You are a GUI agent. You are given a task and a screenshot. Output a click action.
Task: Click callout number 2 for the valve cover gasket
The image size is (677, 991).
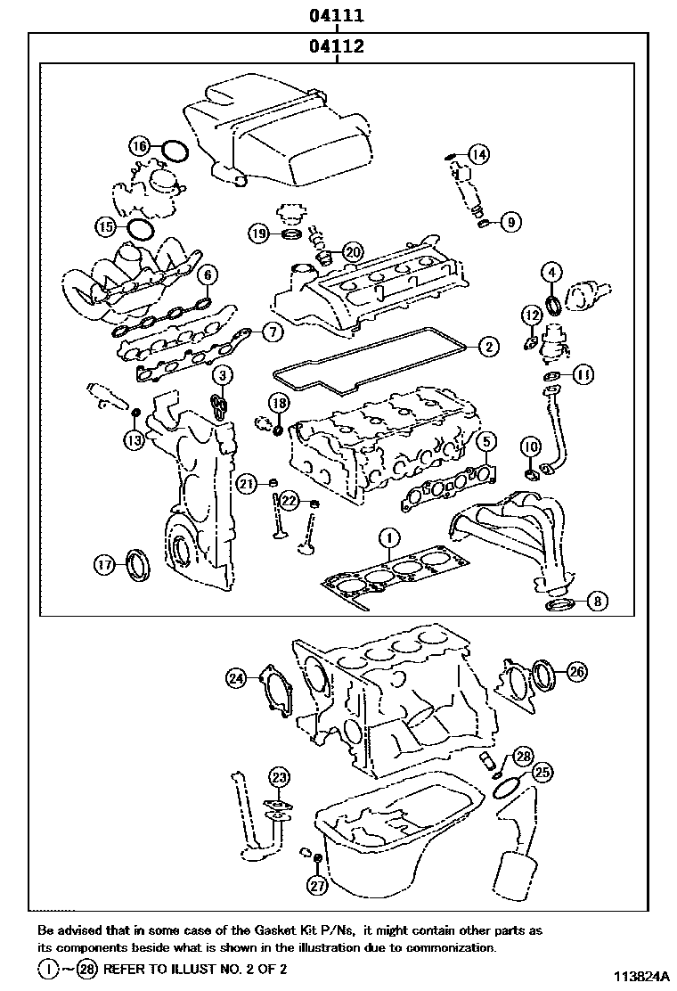pos(488,345)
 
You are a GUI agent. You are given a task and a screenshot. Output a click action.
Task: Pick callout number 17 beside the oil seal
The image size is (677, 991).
pos(105,563)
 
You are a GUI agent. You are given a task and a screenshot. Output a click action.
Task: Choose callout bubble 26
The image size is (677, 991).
pos(576,672)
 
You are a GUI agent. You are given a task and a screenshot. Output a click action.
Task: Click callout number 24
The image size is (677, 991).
pos(235,678)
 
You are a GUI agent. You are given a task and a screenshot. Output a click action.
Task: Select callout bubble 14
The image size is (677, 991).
pos(479,154)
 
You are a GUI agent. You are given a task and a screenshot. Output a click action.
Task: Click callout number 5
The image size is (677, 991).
pos(485,439)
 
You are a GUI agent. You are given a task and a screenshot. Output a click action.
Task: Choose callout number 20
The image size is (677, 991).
pos(353,252)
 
